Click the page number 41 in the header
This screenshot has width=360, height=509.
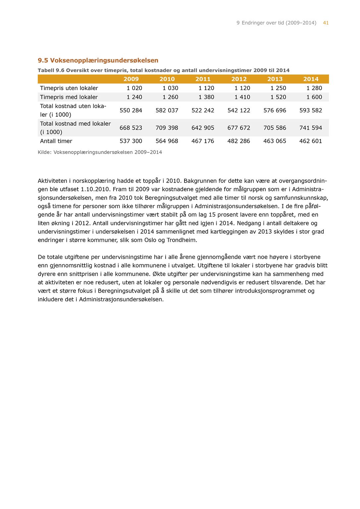pos(326,23)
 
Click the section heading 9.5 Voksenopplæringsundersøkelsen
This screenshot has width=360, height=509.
pos(98,60)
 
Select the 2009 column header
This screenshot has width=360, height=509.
pos(131,79)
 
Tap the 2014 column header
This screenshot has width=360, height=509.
pos(311,79)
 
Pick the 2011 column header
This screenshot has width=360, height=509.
pos(203,79)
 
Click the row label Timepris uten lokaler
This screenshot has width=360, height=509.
pos(69,88)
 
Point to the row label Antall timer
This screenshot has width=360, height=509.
pos(56,141)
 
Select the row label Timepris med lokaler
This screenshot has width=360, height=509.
pos(69,97)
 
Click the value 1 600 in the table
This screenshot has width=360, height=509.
pos(314,97)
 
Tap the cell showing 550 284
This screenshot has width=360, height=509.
pos(131,110)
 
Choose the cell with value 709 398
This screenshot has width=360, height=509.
pos(167,128)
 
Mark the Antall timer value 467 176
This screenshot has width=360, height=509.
pos(203,141)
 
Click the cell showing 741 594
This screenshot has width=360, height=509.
pos(311,128)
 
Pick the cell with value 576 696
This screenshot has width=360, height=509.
pos(275,110)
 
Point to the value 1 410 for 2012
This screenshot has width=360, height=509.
pos(242,97)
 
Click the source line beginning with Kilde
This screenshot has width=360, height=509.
pos(100,152)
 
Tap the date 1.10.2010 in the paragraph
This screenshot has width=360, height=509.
pos(95,190)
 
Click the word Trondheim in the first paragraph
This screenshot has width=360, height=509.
pos(181,240)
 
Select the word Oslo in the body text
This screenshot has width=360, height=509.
pos(150,240)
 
